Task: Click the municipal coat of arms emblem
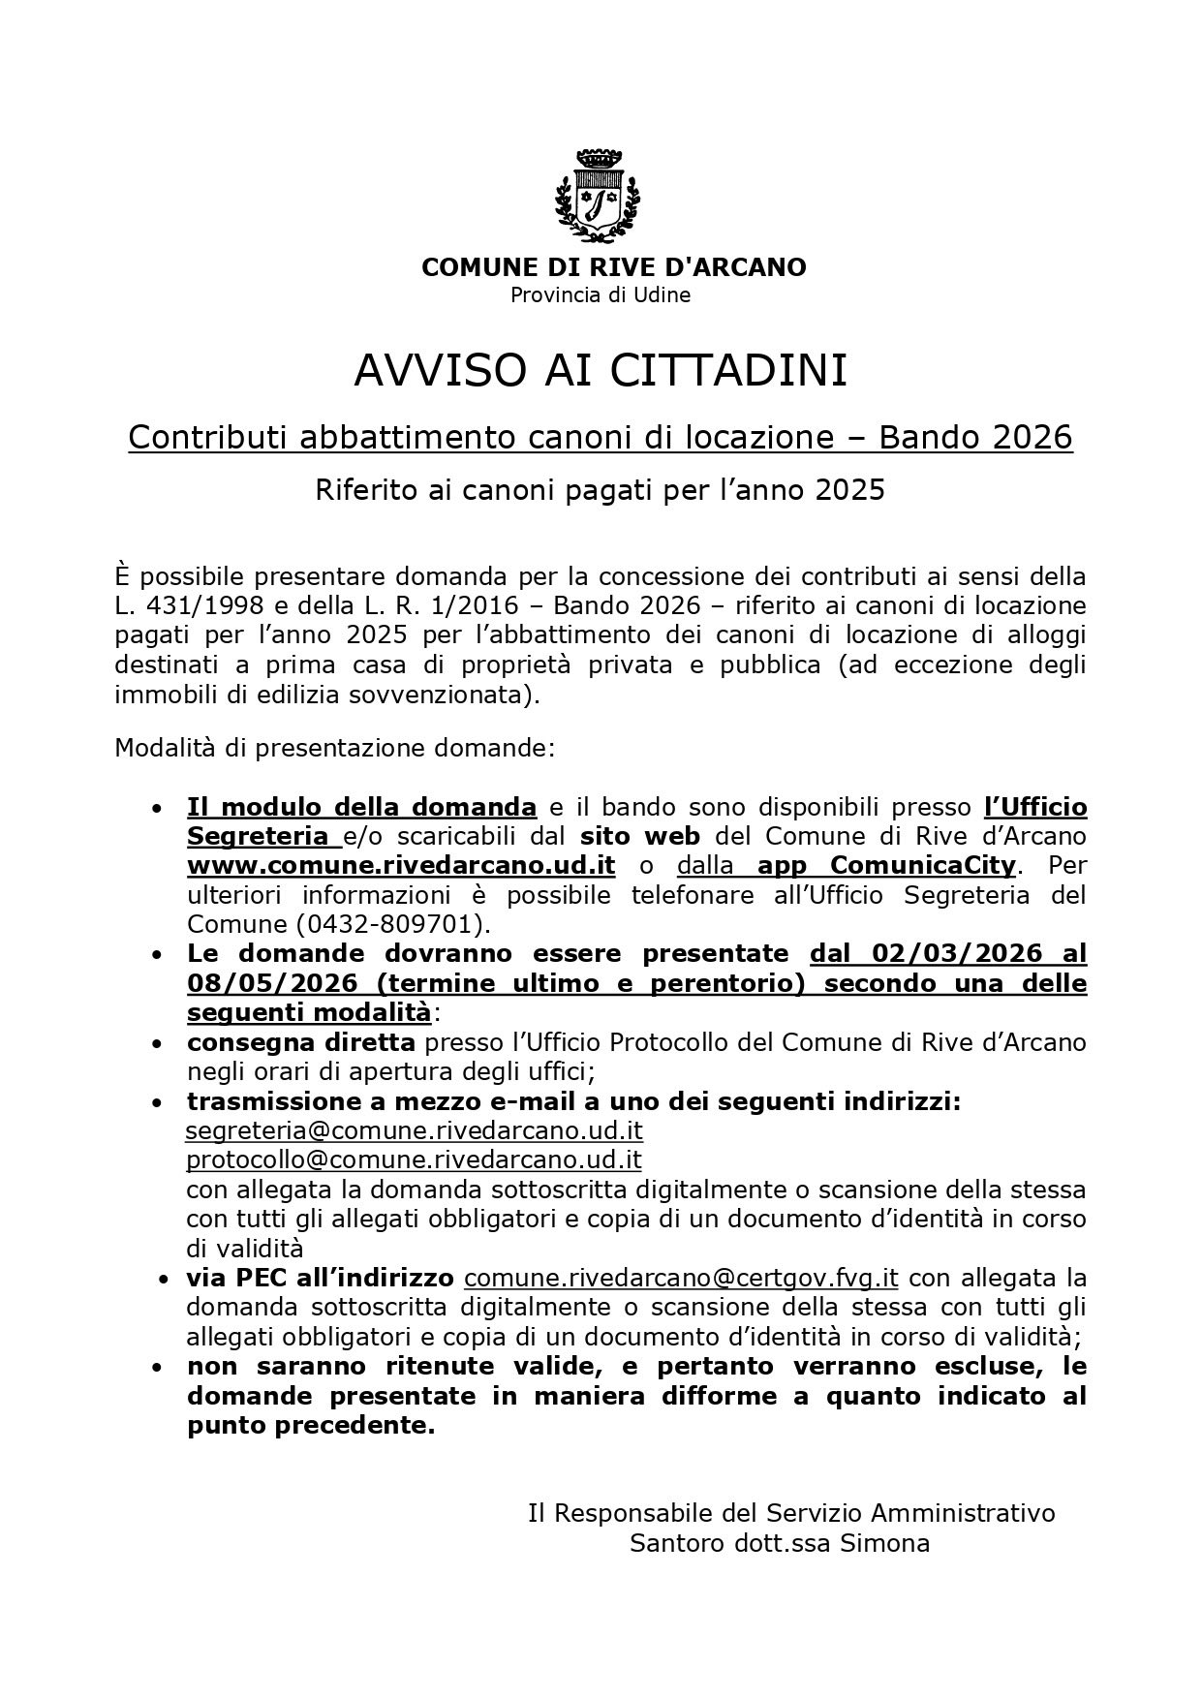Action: pyautogui.click(x=599, y=196)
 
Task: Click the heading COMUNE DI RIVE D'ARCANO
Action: pyautogui.click(x=613, y=267)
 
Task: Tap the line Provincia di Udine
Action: pyautogui.click(x=601, y=295)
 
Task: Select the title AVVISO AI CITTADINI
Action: pyautogui.click(x=601, y=370)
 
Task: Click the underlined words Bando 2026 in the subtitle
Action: pyautogui.click(x=975, y=438)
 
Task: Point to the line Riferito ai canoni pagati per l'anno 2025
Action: pyautogui.click(x=601, y=490)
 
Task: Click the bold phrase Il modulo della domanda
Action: pyautogui.click(x=361, y=807)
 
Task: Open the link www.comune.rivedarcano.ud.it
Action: pyautogui.click(x=401, y=865)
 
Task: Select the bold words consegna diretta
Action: pyautogui.click(x=301, y=1042)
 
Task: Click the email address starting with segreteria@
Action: pyautogui.click(x=414, y=1130)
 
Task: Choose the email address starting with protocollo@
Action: pyautogui.click(x=414, y=1159)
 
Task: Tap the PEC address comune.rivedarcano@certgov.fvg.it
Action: pyautogui.click(x=681, y=1278)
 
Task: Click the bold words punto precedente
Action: pyautogui.click(x=310, y=1426)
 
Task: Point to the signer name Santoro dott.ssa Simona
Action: pyautogui.click(x=780, y=1543)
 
